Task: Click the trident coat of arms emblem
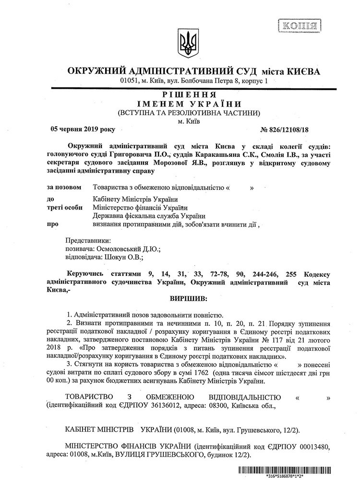point(185,42)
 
